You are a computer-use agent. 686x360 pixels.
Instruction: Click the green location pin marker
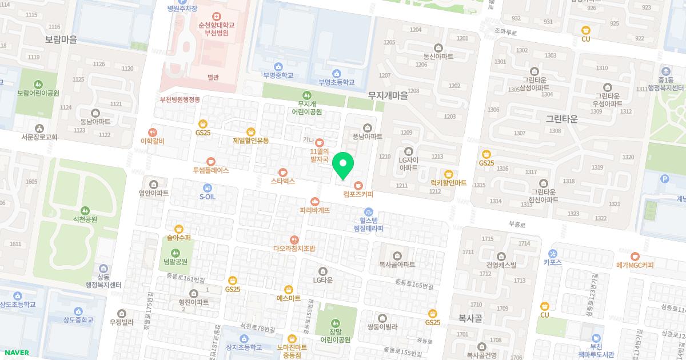[343, 165]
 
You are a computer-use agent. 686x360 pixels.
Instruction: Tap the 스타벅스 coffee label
[282, 181]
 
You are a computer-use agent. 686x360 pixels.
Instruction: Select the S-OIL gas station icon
[207, 187]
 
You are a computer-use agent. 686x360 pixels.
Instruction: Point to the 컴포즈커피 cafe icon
[358, 185]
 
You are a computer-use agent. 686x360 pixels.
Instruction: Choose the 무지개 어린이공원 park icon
[307, 95]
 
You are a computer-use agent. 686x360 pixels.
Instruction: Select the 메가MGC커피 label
[635, 265]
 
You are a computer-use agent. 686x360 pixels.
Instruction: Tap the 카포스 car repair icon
[552, 254]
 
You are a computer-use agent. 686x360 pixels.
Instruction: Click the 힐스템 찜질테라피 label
[368, 224]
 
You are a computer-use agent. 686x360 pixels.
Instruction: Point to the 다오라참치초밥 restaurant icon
[294, 240]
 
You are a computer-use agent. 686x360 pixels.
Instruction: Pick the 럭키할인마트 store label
[449, 183]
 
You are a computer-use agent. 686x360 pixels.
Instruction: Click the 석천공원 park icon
[85, 210]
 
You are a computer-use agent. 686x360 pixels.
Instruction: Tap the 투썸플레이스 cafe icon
[211, 162]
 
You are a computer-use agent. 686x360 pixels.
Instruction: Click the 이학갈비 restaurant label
[152, 141]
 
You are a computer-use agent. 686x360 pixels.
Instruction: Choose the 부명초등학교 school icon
[336, 73]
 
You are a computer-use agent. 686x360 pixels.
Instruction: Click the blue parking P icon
[664, 179]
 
